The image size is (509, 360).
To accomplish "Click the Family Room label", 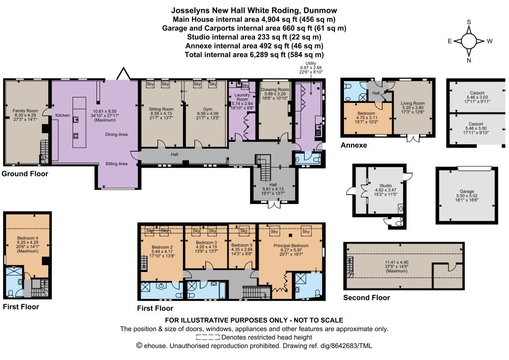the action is click(25, 111).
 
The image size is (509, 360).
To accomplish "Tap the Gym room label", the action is click(208, 109).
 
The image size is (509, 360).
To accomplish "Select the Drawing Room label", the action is click(275, 90).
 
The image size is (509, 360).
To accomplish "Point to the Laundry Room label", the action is click(242, 97).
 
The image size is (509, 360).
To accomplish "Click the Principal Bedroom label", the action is click(291, 246).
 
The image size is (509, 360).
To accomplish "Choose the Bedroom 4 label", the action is click(28, 238).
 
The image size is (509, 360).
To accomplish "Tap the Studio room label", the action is click(386, 185).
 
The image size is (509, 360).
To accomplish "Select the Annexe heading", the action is click(354, 145).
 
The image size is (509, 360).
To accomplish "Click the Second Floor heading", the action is click(366, 298).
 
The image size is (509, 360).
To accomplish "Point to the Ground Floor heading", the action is click(25, 174).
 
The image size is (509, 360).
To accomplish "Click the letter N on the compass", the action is click(469, 60).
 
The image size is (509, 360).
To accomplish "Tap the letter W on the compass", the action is click(490, 41).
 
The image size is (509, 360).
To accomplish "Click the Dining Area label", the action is click(116, 134).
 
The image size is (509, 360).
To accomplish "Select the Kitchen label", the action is click(62, 115).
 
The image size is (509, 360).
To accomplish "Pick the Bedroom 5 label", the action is click(242, 245).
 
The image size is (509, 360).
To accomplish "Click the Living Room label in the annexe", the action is click(413, 103).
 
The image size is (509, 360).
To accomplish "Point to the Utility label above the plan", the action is click(311, 63).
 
